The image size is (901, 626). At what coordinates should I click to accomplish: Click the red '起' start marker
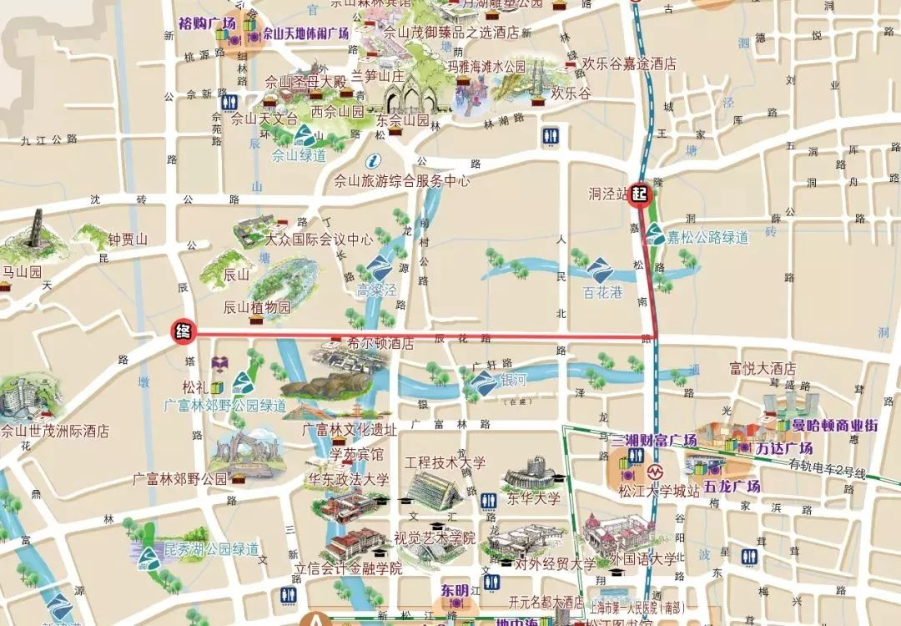coord(640,194)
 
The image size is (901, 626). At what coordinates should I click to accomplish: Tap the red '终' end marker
coord(183,331)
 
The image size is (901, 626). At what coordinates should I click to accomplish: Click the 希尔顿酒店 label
coord(380,343)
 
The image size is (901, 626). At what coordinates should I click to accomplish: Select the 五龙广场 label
coord(732,486)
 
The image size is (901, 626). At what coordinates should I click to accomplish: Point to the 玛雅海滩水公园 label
coord(498,66)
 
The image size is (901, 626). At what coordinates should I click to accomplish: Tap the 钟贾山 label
coord(127,240)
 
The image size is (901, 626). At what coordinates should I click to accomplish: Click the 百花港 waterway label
coord(602,292)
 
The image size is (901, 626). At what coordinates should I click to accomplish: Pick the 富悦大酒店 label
coord(762,368)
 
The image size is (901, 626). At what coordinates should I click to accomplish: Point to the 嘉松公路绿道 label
coord(707,238)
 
